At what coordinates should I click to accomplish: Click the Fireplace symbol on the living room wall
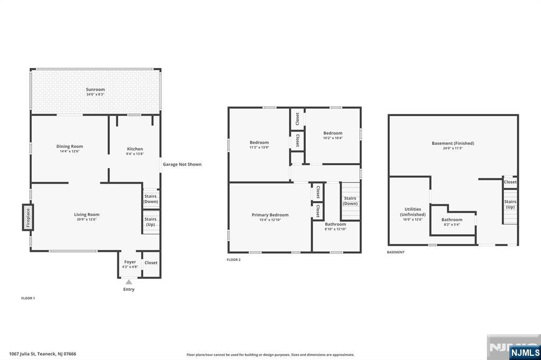pyautogui.click(x=28, y=217)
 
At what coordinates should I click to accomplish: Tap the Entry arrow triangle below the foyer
pyautogui.click(x=129, y=282)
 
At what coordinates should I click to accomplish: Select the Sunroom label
pyautogui.click(x=95, y=89)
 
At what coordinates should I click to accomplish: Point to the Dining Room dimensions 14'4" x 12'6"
pyautogui.click(x=70, y=151)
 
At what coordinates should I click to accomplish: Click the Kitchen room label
pyautogui.click(x=135, y=149)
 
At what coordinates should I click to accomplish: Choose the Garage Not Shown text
pyautogui.click(x=182, y=165)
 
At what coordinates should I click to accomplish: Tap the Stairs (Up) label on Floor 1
pyautogui.click(x=151, y=222)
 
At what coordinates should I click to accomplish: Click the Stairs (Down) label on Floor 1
pyautogui.click(x=151, y=199)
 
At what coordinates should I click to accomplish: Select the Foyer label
pyautogui.click(x=130, y=262)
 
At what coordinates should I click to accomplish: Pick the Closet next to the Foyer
pyautogui.click(x=151, y=263)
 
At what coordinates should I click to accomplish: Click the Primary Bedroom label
pyautogui.click(x=270, y=215)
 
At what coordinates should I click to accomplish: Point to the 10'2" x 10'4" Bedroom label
pyautogui.click(x=333, y=133)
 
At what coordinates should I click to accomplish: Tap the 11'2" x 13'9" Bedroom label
pyautogui.click(x=259, y=143)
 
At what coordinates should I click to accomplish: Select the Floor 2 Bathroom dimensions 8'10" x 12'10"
pyautogui.click(x=335, y=229)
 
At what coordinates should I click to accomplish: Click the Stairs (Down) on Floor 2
pyautogui.click(x=350, y=201)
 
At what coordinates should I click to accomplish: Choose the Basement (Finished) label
pyautogui.click(x=453, y=143)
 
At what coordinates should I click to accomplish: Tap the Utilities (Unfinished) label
pyautogui.click(x=413, y=212)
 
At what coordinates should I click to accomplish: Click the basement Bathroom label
pyautogui.click(x=452, y=220)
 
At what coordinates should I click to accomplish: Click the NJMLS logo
pyautogui.click(x=525, y=352)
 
